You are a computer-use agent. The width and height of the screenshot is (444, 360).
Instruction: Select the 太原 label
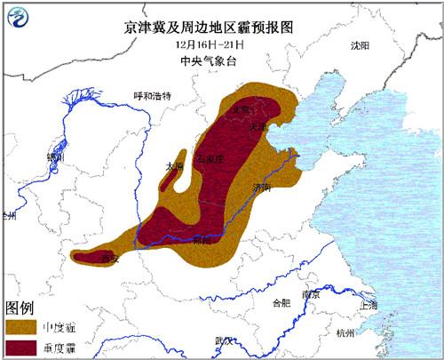[174, 166]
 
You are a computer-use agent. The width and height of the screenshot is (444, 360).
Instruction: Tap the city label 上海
[369, 305]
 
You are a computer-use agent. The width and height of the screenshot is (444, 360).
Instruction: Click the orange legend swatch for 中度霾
[20, 326]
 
